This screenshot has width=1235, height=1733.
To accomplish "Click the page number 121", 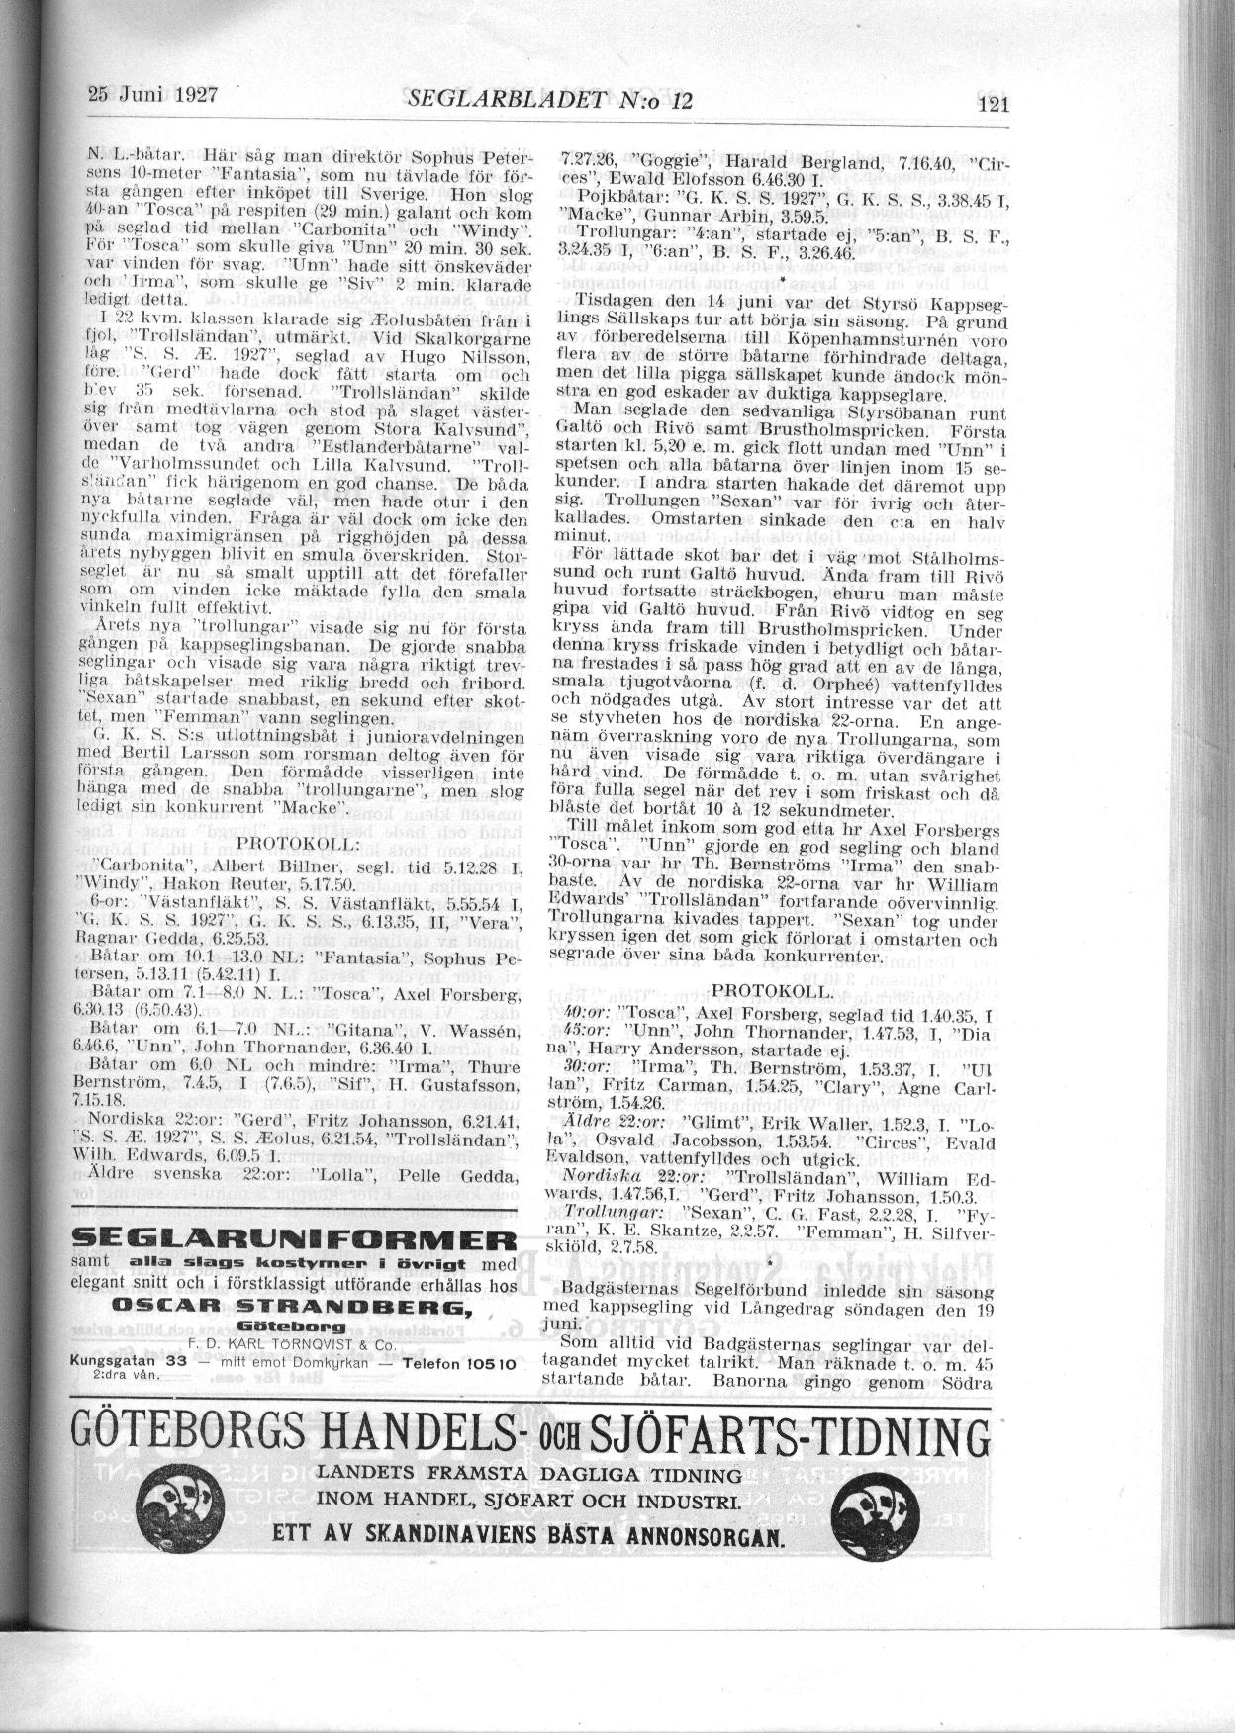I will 991,106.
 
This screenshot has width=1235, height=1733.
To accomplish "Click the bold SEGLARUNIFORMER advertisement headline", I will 296,1240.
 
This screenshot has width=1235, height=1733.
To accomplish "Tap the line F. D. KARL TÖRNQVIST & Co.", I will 293,1344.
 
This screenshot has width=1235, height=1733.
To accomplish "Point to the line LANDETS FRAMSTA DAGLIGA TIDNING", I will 527,1474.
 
